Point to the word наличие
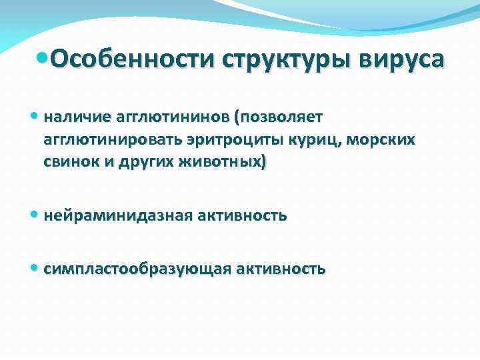click(69, 118)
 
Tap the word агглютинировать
click(108, 139)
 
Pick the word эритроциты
click(218, 139)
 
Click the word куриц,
click(292, 139)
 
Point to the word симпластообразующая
click(137, 269)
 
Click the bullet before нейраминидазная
click(35, 215)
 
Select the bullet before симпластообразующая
click(35, 269)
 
